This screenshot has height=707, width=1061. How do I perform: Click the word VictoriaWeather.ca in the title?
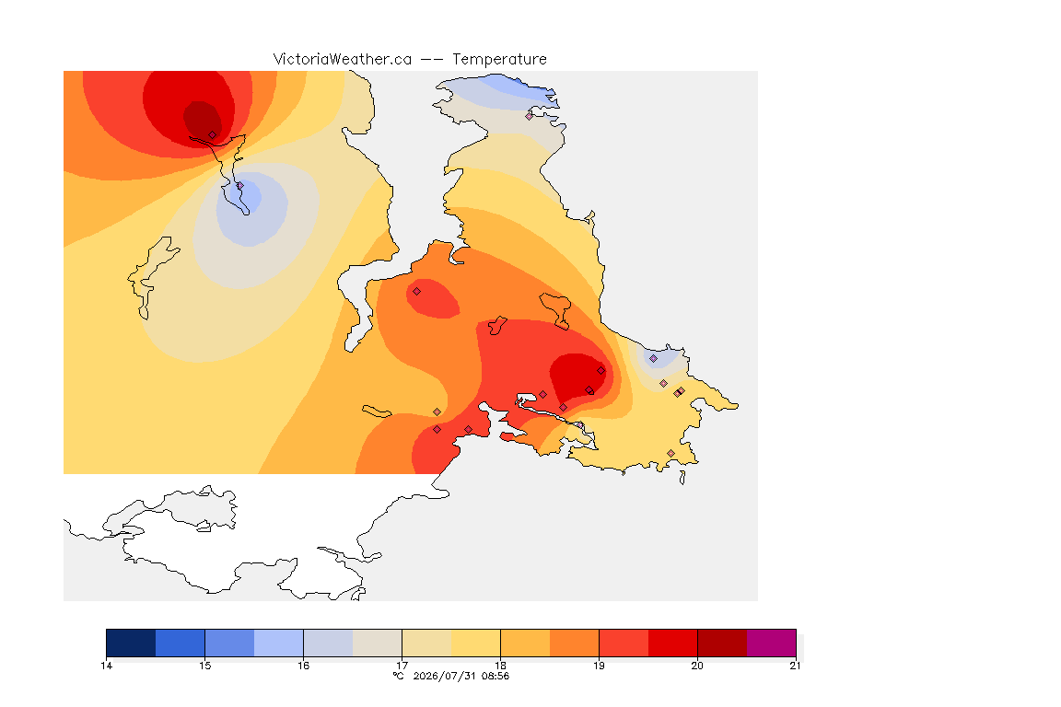point(343,60)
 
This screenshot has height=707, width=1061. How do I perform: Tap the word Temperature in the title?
point(499,60)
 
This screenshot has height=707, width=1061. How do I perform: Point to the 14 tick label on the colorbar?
point(106,666)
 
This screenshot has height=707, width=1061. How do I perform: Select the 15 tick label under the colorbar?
point(205,666)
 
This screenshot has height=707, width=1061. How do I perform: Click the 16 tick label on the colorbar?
point(303,666)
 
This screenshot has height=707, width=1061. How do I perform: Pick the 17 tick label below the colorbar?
point(402,666)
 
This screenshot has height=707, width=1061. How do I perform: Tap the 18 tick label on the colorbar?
point(500,666)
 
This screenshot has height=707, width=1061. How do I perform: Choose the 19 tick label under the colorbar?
point(599,666)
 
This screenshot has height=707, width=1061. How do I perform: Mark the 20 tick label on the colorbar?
point(697,666)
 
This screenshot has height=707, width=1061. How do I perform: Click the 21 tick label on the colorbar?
point(795,666)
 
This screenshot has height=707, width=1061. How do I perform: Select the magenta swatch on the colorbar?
point(772,643)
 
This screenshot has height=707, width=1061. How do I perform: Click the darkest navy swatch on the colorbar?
point(132,643)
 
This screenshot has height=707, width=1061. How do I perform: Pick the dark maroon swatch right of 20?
point(722,643)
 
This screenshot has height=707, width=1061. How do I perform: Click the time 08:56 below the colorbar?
point(496,676)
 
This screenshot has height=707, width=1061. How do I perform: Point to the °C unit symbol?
point(399,676)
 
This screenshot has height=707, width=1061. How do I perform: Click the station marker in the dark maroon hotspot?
point(213,135)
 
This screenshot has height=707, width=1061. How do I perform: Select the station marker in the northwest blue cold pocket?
point(240,185)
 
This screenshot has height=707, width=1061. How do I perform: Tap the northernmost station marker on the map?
point(530,116)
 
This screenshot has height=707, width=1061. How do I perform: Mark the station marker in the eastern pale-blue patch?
point(653,359)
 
